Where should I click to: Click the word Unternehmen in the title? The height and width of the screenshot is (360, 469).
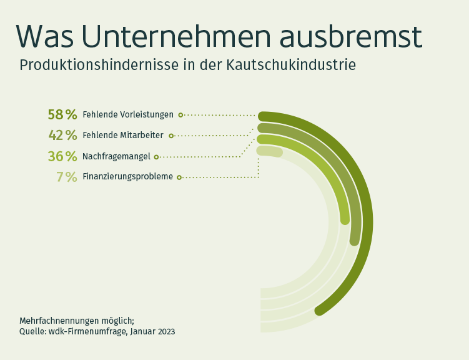[176, 36]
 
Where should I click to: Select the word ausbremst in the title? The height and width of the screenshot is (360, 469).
[350, 36]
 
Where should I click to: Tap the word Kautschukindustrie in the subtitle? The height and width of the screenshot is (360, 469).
[291, 65]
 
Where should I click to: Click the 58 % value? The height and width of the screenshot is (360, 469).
[62, 114]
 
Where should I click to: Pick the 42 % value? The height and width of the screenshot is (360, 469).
[62, 135]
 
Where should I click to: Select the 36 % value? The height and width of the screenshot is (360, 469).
[62, 156]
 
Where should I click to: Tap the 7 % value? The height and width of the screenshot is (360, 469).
[67, 177]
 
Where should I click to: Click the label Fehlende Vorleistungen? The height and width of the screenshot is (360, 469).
[128, 114]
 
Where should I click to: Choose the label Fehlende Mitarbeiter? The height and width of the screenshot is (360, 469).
[123, 135]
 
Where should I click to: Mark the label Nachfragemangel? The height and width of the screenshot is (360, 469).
[116, 156]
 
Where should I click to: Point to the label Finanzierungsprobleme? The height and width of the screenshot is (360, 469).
[128, 176]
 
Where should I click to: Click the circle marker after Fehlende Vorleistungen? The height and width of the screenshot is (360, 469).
[180, 115]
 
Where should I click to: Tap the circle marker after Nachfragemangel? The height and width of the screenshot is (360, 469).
[156, 157]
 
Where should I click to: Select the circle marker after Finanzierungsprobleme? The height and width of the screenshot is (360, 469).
[179, 177]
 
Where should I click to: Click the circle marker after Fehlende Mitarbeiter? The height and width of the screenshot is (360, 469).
[171, 136]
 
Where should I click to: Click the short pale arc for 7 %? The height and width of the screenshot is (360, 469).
[270, 151]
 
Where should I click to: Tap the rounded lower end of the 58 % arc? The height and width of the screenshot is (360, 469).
[320, 310]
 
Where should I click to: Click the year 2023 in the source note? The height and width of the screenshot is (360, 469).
[166, 332]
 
